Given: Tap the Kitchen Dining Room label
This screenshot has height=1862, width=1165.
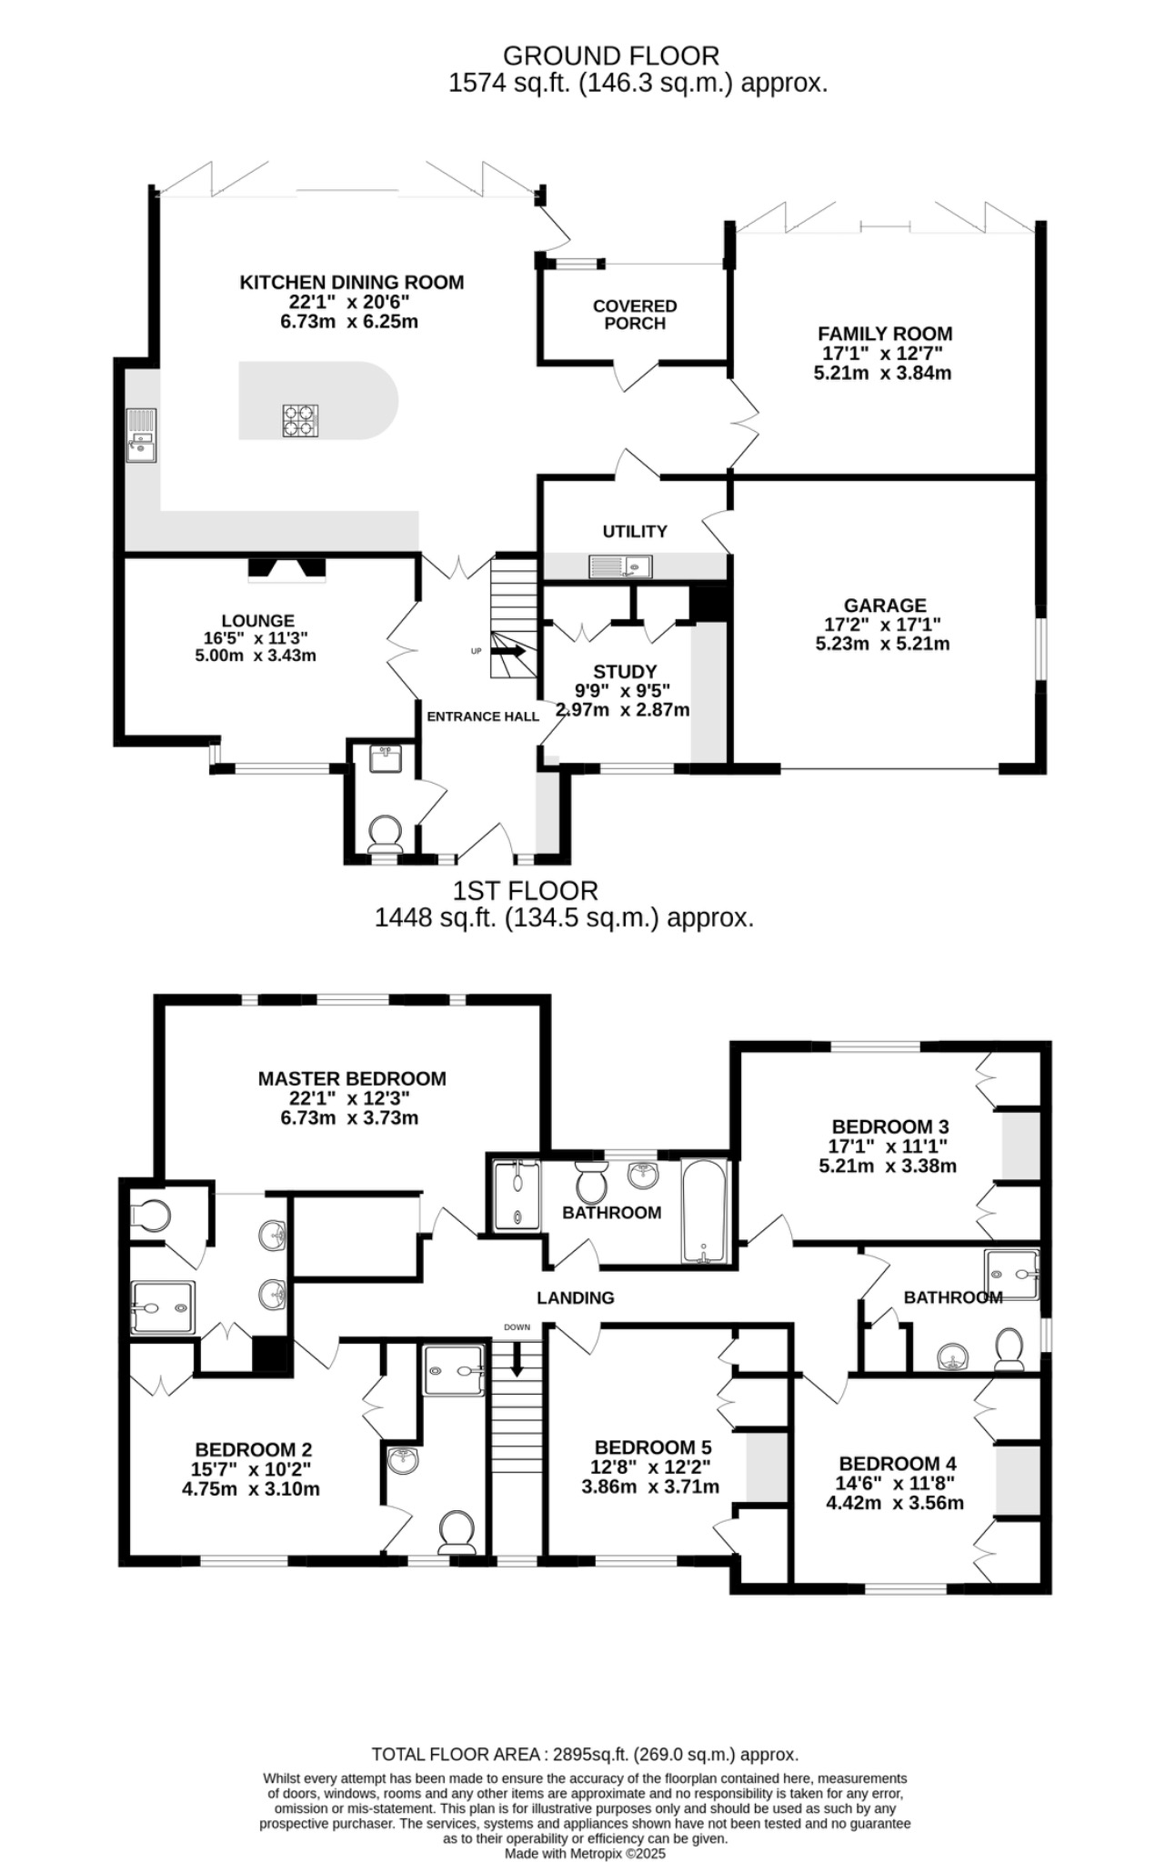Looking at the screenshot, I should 351,283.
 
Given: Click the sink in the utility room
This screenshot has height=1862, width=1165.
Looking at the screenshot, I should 620,567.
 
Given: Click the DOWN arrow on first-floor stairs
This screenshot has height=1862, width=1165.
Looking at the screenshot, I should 517,1364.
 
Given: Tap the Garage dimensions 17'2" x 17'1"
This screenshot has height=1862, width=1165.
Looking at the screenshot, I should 883,625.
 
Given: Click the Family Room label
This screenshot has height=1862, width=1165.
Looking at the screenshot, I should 884,334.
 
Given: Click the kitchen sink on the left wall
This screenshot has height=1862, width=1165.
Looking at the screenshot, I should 142,436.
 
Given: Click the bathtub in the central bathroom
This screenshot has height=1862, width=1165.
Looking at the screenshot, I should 705,1210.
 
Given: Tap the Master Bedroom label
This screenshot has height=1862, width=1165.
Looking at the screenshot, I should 352,1078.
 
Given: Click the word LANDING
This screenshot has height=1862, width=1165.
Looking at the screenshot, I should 575,1298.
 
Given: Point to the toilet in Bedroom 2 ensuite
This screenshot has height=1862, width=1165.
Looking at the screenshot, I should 457,1533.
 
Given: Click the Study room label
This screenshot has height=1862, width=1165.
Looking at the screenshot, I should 625,672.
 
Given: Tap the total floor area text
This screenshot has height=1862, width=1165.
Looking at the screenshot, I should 585,1755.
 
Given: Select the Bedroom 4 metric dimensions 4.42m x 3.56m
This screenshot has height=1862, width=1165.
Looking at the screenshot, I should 894,1503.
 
